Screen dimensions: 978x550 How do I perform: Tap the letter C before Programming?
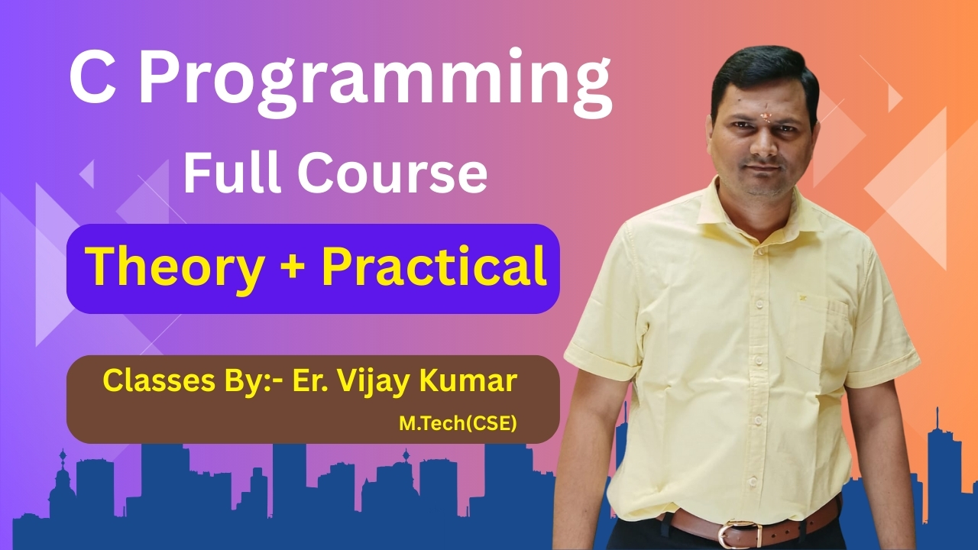click(x=92, y=77)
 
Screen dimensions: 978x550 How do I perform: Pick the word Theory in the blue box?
click(x=176, y=268)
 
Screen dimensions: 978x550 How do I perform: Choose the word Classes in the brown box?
click(x=157, y=380)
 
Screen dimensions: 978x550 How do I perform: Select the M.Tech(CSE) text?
click(x=458, y=423)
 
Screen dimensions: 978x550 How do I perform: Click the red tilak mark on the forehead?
click(x=765, y=115)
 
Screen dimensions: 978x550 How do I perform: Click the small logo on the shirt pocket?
click(x=802, y=298)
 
